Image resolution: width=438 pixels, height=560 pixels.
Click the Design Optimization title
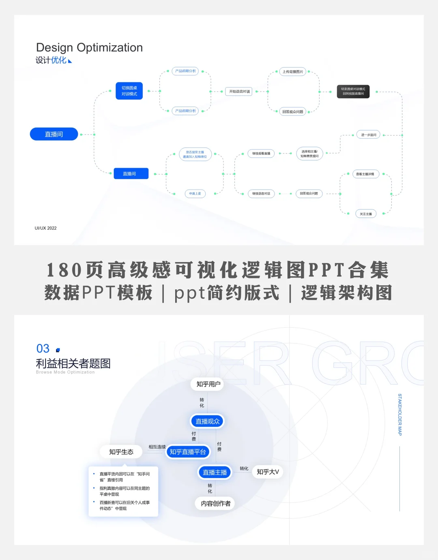89,47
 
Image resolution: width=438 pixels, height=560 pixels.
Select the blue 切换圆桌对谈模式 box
129,91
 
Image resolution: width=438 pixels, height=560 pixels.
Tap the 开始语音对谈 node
240,92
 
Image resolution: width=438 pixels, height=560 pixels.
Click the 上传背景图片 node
293,72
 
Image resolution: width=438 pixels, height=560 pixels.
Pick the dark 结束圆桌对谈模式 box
353,92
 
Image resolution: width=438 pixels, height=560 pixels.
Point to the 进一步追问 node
369,135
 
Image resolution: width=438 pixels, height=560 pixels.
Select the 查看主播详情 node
365,174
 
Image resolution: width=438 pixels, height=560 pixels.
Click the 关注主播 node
366,214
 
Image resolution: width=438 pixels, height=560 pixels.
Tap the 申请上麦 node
195,194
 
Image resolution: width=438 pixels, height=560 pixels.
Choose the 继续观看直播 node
261,154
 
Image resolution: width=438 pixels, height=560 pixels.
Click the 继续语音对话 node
261,194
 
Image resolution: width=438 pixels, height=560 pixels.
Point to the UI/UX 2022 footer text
46,228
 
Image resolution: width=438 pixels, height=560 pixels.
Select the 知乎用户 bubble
208,384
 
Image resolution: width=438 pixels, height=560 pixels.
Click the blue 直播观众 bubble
208,421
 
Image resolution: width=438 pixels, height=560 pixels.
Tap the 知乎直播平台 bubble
188,452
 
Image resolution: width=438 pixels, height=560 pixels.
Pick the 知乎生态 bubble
121,452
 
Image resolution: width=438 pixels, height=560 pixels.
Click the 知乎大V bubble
268,472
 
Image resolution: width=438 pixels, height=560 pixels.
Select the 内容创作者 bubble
216,504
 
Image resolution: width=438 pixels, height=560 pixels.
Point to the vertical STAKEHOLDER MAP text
400,414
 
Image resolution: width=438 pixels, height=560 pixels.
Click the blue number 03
43,348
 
